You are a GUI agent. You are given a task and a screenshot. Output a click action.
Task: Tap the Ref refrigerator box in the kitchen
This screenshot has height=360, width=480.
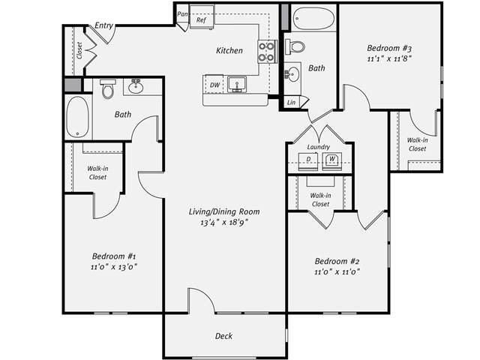point(201,19)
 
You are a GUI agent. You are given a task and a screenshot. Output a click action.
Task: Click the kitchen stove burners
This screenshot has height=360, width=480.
point(266,51)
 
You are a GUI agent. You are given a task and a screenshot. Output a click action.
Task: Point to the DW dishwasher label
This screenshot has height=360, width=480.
point(214,85)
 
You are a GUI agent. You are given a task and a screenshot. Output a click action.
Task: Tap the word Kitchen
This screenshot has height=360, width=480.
point(229,51)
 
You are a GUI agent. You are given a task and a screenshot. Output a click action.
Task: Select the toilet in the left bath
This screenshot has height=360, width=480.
point(106,90)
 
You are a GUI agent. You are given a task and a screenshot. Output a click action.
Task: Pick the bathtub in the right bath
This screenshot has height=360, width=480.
point(313,19)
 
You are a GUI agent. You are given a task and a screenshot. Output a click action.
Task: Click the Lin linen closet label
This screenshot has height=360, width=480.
point(291,101)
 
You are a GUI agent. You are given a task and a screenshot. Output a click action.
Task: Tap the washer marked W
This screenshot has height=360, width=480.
point(331,159)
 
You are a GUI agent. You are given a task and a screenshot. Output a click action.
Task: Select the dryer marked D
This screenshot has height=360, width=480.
point(308,159)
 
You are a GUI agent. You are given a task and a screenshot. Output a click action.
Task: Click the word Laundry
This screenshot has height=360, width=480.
point(319,148)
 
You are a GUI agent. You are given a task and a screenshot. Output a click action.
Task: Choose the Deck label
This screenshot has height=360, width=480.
point(223,336)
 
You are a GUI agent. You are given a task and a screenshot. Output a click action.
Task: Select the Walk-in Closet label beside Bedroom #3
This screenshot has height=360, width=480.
point(417,144)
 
